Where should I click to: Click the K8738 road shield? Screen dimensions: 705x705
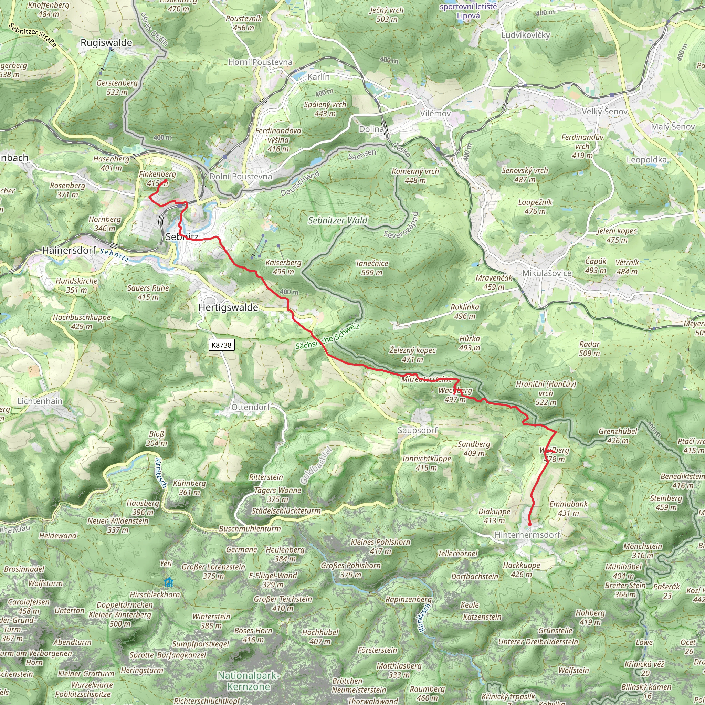[221, 345]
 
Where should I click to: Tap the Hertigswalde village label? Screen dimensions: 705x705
[228, 308]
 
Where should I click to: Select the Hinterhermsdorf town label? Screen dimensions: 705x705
[527, 535]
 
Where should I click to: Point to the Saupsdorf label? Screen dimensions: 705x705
[418, 431]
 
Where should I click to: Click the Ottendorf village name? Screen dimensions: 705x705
[251, 407]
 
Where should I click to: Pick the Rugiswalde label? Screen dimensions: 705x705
[106, 43]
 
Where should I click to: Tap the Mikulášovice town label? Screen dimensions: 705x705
[547, 273]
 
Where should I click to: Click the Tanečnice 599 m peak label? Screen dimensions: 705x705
[372, 268]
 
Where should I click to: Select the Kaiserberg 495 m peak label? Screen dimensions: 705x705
[284, 267]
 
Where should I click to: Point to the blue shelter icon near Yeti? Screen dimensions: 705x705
[168, 582]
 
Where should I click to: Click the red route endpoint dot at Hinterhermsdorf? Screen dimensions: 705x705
[529, 525]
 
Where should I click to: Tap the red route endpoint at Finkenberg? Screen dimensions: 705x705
[166, 181]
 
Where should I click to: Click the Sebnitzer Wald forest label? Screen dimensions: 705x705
[338, 220]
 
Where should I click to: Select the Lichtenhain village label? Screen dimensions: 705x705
[40, 401]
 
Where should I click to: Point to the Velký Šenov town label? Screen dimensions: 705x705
[604, 111]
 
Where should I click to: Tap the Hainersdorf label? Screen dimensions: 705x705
[69, 250]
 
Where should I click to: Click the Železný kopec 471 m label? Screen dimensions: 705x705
[412, 355]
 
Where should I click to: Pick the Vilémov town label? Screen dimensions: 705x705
[435, 114]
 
